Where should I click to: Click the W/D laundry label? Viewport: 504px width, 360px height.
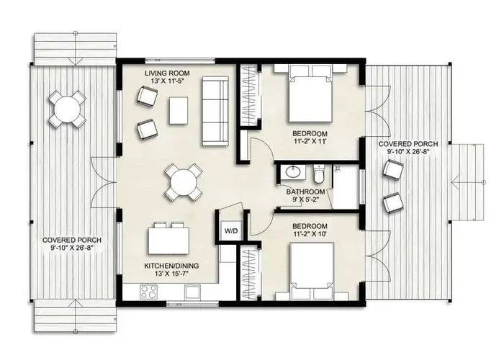(231, 231)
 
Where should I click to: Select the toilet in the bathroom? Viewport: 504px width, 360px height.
(319, 174)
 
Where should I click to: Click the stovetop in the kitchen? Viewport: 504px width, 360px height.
(148, 292)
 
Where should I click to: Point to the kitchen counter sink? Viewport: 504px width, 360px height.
(192, 292)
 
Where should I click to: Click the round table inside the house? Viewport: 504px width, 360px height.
(184, 183)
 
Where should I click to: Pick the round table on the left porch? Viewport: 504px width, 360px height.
(68, 109)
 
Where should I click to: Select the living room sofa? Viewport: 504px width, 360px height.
(215, 111)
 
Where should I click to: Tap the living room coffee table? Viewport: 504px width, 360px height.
(179, 110)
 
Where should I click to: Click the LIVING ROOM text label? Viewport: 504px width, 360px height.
(167, 73)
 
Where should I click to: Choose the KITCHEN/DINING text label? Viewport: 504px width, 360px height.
(171, 266)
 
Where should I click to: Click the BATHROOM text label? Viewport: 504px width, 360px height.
(305, 192)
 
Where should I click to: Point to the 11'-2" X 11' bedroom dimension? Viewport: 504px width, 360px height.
(310, 141)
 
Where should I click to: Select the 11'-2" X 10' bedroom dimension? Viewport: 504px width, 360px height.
(310, 234)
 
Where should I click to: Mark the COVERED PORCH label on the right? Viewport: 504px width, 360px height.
(408, 144)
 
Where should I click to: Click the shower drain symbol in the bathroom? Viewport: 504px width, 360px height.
(338, 168)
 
